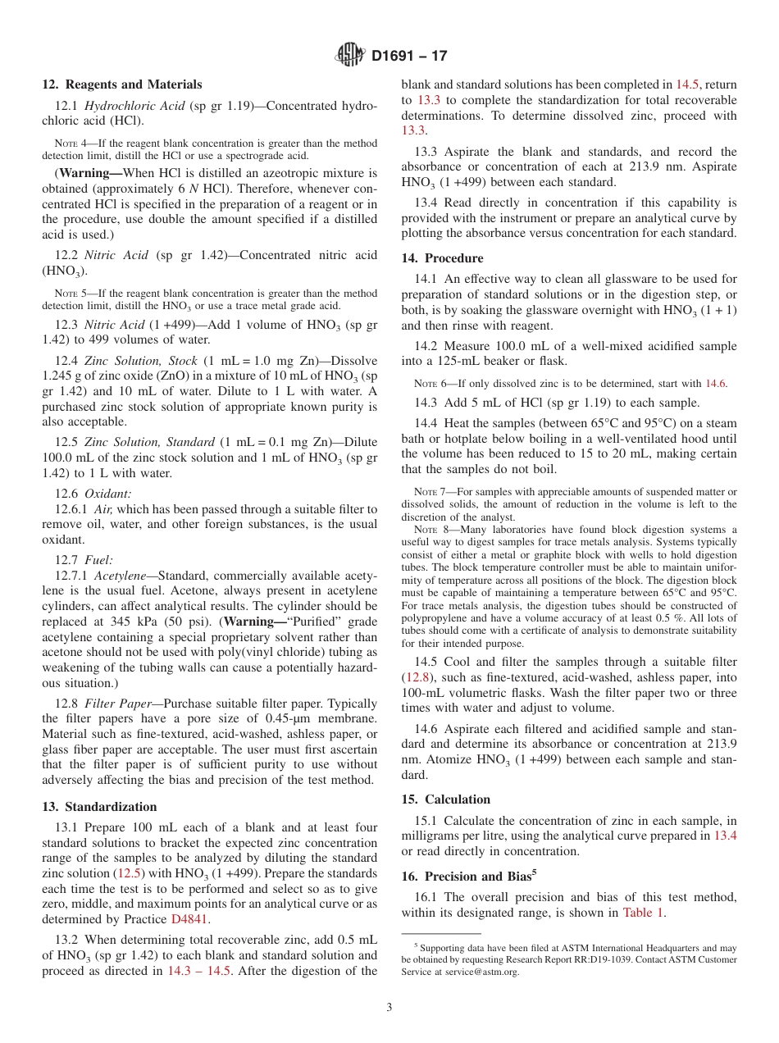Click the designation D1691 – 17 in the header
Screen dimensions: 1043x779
[x=409, y=57]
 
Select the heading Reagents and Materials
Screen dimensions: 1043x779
[x=134, y=84]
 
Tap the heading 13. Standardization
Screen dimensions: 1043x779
[x=99, y=806]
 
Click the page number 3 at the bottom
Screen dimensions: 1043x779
[x=389, y=1007]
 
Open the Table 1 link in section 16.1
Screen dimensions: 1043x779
[x=645, y=912]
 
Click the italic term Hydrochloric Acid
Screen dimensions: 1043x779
[x=130, y=106]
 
